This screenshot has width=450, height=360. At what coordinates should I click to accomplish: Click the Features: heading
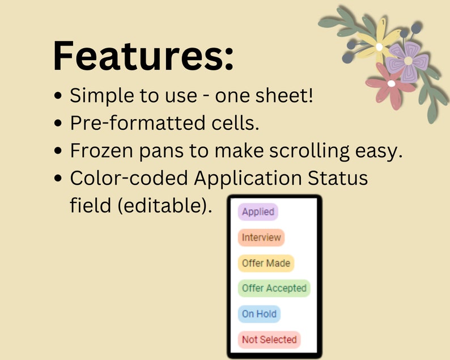[143, 56]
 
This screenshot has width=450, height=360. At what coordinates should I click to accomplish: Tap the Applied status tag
[258, 212]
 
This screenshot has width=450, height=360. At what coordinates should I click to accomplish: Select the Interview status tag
[261, 238]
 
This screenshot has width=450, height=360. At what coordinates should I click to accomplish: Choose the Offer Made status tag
[266, 263]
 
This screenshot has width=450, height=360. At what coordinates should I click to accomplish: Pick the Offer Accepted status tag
[274, 288]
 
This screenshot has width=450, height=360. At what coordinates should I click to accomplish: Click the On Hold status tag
[259, 314]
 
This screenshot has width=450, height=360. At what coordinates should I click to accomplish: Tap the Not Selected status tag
[269, 340]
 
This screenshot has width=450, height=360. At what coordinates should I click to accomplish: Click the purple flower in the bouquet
[407, 62]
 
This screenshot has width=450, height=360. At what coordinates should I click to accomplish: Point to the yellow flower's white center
[379, 47]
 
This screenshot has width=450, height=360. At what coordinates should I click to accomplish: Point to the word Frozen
[101, 151]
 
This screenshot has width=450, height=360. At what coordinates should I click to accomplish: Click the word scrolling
[309, 151]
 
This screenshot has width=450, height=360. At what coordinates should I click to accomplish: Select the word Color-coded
[129, 178]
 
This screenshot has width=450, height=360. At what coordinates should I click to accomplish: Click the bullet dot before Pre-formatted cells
[58, 123]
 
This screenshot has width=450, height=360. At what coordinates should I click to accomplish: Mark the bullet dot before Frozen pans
[58, 151]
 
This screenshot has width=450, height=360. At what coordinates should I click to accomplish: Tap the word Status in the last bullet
[338, 178]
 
